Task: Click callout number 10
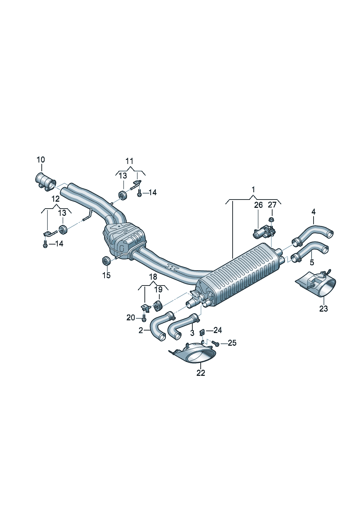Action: (x=41, y=160)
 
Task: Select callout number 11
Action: (x=130, y=161)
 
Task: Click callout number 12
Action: (x=55, y=199)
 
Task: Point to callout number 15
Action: (x=106, y=275)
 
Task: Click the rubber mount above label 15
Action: (x=106, y=260)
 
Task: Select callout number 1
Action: (x=253, y=189)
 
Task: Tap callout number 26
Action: (x=258, y=205)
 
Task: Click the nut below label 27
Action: (x=271, y=219)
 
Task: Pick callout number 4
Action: (x=313, y=212)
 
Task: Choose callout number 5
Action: (x=312, y=262)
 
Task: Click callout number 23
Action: (x=323, y=308)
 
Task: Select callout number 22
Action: (x=201, y=373)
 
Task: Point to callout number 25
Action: (x=232, y=343)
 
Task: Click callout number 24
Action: (x=217, y=330)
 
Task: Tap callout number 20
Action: (x=131, y=318)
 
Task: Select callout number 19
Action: (x=158, y=289)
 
